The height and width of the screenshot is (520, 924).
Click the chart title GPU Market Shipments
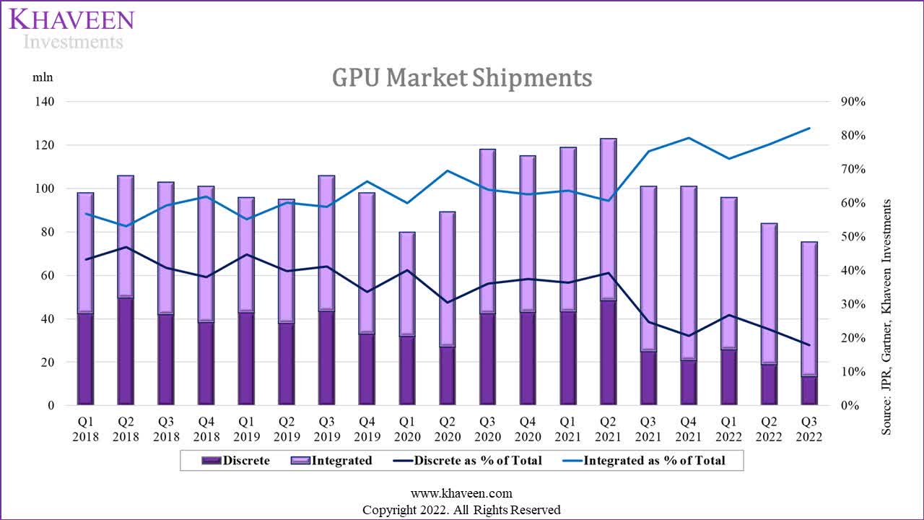point(462,77)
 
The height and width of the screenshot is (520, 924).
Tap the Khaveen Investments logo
point(71,29)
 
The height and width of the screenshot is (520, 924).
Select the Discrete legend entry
point(236,460)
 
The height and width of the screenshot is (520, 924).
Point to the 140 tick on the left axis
point(45,102)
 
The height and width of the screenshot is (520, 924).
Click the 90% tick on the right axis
point(853,102)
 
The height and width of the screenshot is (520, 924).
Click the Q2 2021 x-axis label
point(609,430)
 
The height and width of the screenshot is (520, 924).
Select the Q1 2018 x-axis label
point(86,430)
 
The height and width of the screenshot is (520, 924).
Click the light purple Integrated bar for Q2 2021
point(609,217)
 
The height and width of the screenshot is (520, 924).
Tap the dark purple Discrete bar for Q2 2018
point(126,351)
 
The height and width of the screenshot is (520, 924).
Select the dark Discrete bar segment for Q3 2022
point(809,391)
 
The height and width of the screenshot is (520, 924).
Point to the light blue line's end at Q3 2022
point(809,128)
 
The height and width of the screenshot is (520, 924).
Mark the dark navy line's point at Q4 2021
point(689,336)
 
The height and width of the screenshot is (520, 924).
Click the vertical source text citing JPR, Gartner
point(886,317)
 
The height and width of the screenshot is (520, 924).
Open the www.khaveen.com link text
point(461,494)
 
